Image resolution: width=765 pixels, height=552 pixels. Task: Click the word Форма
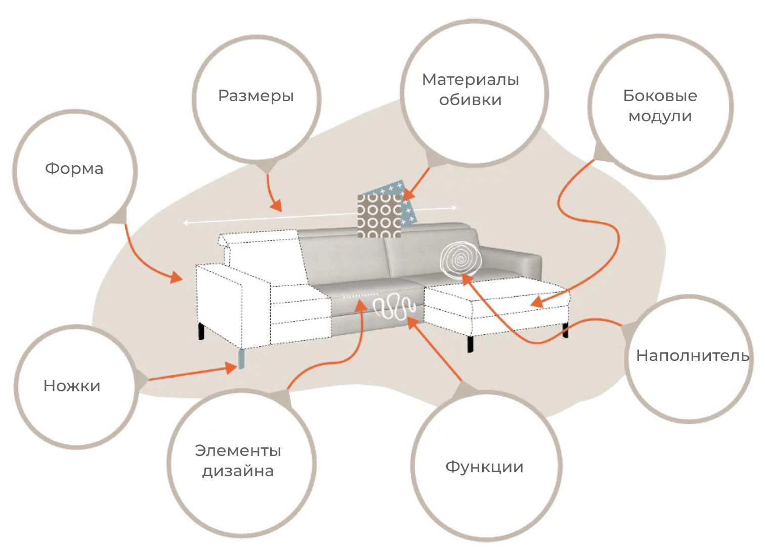pos(74,168)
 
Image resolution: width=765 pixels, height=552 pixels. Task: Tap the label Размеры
pos(256,96)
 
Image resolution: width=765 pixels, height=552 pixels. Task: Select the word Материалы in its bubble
pos(471,80)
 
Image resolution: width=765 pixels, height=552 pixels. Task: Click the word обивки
pos(470,100)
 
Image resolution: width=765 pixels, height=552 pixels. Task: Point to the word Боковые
pos(660,96)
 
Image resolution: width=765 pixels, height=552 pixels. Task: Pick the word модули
pos(660,116)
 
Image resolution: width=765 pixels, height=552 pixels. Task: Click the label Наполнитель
pos(692,355)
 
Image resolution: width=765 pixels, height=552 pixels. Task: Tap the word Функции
pos(484,467)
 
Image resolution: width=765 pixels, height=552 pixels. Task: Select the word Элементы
pos(238,450)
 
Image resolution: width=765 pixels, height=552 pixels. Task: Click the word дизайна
pos(238,471)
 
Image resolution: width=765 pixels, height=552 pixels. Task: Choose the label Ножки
pos(72,386)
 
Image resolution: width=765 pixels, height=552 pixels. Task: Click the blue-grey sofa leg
pos(242,358)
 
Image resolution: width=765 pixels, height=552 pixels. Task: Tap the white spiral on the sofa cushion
pos(460,260)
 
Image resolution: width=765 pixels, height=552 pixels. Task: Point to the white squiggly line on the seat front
pos(395,308)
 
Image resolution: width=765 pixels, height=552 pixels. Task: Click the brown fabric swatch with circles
pos(378,216)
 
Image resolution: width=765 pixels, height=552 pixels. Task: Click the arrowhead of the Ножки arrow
pos(232,368)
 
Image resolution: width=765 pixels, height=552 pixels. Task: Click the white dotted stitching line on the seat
pos(360,296)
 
